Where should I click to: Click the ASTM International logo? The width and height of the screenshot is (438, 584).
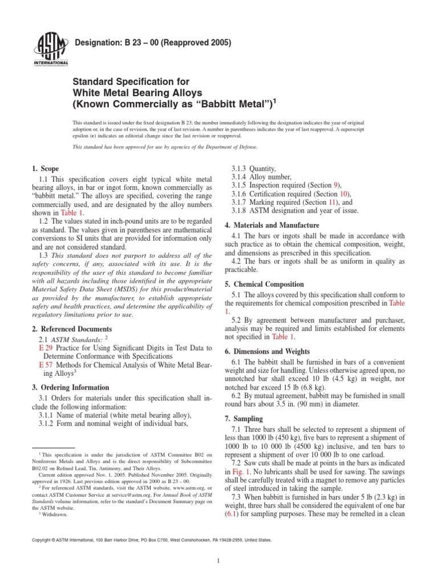click(52, 48)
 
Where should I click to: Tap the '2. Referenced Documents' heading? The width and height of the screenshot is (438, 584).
click(72, 329)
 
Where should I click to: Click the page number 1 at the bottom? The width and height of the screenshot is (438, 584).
click(219, 561)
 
